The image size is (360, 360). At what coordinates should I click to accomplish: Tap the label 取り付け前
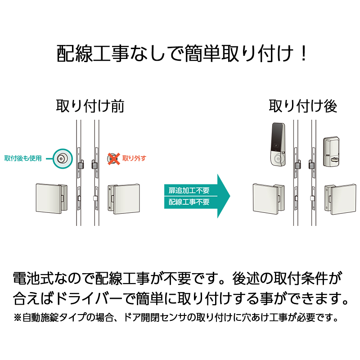(90, 107)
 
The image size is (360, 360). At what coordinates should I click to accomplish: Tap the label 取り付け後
(303, 107)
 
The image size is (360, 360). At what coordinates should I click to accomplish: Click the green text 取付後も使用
(23, 158)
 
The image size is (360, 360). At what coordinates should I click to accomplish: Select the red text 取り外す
(135, 158)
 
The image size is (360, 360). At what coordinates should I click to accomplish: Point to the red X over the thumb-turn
(113, 158)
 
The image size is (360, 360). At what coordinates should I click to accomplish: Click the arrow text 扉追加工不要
(189, 190)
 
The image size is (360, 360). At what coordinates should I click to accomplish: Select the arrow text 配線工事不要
(189, 202)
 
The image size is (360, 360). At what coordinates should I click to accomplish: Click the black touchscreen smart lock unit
(278, 144)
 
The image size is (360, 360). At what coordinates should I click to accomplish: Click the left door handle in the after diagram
(267, 198)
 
